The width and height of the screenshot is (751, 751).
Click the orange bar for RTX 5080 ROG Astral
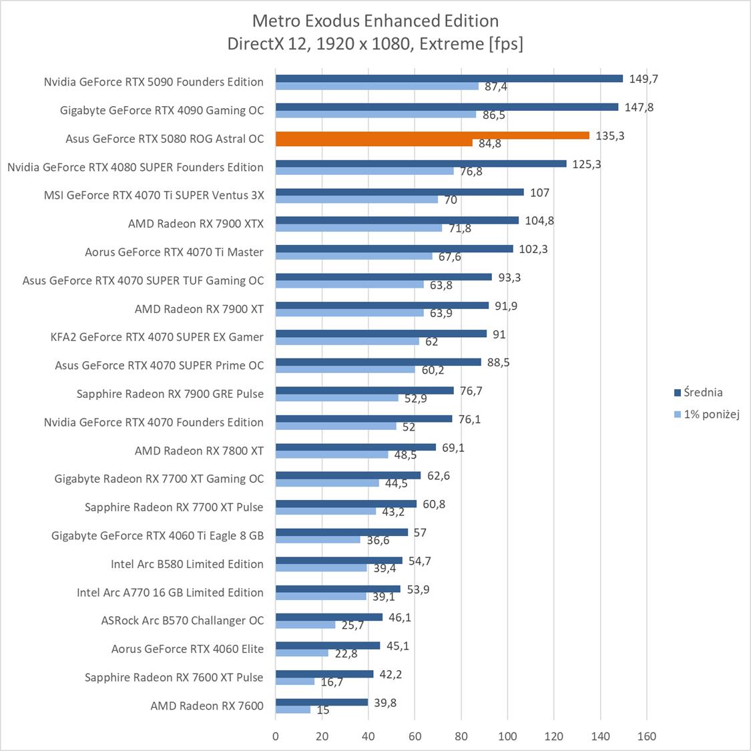click(x=432, y=136)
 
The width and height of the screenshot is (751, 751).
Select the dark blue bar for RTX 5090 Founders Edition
click(x=449, y=78)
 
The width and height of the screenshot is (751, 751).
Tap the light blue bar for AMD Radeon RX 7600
click(x=293, y=710)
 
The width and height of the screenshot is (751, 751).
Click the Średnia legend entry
click(x=698, y=393)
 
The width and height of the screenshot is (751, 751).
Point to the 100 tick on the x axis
click(x=508, y=737)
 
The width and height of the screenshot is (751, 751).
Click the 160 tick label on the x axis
click(x=647, y=737)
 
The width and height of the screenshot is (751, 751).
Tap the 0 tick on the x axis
click(x=276, y=737)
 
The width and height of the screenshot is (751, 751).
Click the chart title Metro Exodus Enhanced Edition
click(x=375, y=21)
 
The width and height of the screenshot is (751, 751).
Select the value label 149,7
click(x=644, y=79)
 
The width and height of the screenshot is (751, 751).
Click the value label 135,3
click(x=610, y=136)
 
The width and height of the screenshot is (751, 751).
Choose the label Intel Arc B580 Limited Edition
click(x=187, y=564)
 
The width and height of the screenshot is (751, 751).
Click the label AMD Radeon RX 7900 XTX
click(x=196, y=224)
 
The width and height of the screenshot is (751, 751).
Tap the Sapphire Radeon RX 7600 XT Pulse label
click(x=174, y=678)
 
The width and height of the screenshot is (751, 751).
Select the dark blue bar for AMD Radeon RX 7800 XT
click(x=355, y=447)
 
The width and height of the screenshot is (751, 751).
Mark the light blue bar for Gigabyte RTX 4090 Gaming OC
click(x=376, y=114)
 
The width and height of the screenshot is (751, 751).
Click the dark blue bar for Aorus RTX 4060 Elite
click(x=327, y=646)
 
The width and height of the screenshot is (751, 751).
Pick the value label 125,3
click(x=587, y=164)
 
